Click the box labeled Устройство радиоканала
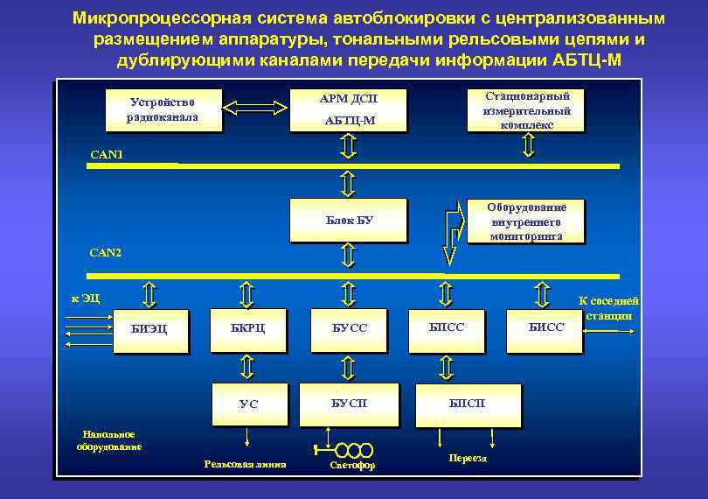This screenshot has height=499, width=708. point(162,109)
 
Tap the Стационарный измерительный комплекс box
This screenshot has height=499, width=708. point(526,109)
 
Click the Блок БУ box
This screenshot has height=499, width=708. point(349,220)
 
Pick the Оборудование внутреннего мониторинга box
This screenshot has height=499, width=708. point(526,221)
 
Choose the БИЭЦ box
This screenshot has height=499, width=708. point(149,329)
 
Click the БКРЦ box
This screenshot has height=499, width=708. point(247,328)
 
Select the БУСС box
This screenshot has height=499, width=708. point(349,328)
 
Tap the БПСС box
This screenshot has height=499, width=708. point(447,327)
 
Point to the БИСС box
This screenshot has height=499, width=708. point(546,327)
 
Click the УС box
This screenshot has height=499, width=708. point(248,404)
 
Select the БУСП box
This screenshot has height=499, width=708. point(349,403)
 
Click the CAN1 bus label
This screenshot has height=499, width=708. point(107,155)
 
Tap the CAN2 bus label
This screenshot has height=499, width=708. point(107,253)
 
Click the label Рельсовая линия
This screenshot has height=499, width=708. point(246,464)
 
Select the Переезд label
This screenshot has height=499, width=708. point(468,459)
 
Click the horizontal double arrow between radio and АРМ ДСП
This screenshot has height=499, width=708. point(255,108)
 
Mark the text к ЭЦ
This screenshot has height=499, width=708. point(86,299)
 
